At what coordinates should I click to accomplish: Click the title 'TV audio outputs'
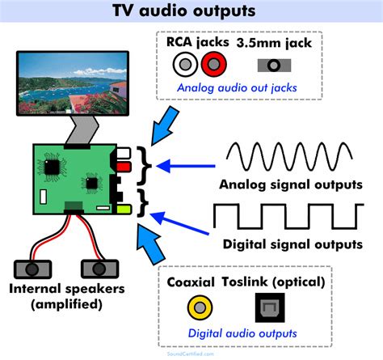[191, 11]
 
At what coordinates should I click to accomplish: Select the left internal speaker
[32, 268]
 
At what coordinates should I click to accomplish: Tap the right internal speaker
[94, 268]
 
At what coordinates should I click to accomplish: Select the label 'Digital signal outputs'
[292, 244]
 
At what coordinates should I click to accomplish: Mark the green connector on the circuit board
[124, 210]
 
